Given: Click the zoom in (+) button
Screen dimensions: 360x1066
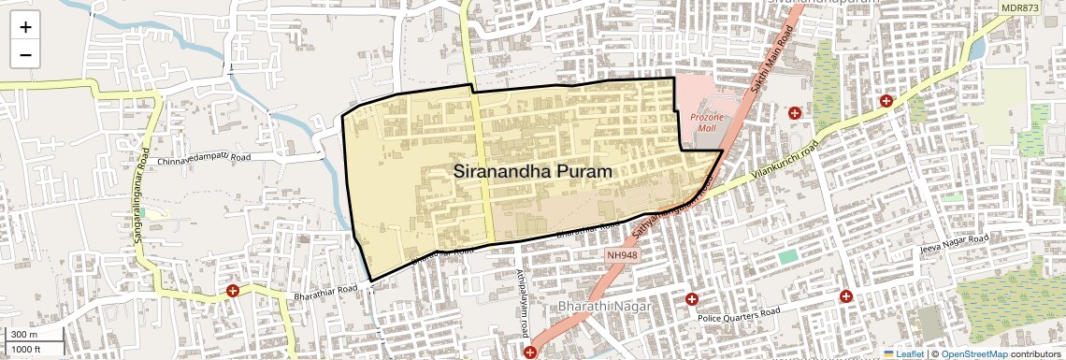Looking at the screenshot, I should click(x=25, y=27).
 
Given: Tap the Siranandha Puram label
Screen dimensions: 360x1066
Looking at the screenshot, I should click(x=533, y=172).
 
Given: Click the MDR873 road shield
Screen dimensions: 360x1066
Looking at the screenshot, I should click(x=1019, y=7).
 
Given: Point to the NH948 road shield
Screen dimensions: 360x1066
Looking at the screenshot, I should click(x=623, y=254).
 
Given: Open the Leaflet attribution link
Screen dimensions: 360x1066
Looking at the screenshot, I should click(x=904, y=353).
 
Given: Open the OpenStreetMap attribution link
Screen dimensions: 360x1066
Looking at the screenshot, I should click(x=974, y=353).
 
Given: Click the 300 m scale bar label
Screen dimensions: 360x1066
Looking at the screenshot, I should click(x=24, y=334).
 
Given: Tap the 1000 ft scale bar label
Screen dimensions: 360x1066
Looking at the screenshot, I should click(x=27, y=349).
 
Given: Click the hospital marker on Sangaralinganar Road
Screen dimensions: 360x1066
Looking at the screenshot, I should click(x=233, y=292).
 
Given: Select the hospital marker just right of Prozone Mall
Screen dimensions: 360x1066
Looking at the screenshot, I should click(x=795, y=113).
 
